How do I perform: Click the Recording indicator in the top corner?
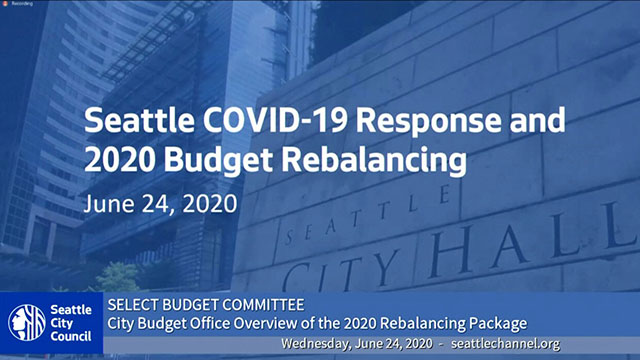(20, 6)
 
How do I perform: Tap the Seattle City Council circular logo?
(26, 323)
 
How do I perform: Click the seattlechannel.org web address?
(505, 343)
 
